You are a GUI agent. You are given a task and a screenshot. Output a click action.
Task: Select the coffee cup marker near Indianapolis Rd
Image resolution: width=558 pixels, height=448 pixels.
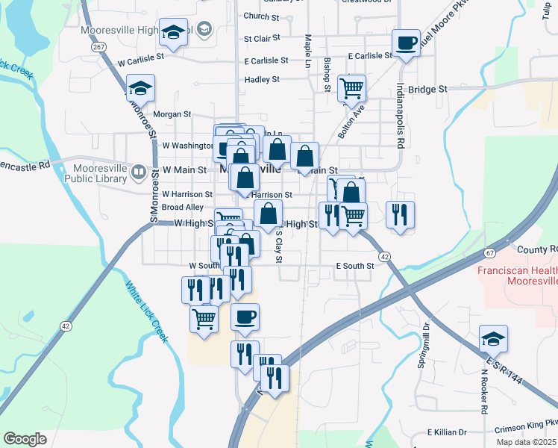406,43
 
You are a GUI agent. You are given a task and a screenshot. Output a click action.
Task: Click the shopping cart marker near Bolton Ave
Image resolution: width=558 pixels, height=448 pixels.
351,88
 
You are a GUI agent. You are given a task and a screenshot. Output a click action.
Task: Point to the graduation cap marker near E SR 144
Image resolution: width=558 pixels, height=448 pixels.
493,339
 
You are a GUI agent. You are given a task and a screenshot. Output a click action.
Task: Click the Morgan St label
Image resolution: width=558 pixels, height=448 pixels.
172,114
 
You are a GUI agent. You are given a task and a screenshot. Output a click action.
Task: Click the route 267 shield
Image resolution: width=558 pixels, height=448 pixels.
98,46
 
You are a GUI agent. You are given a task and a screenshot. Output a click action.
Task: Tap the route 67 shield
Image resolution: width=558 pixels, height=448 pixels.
489,254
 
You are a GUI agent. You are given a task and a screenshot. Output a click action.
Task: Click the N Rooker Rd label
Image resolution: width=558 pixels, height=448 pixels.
483,396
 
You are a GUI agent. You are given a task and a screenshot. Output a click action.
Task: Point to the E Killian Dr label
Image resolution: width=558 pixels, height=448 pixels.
447,432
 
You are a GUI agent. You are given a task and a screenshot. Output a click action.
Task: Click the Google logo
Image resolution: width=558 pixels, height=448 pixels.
25,439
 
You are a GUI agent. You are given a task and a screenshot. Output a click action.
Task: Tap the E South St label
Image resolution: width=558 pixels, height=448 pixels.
354,266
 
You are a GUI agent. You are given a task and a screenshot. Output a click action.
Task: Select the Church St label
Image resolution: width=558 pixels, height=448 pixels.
261,16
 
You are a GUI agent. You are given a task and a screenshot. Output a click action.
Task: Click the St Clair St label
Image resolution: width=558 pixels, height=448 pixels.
262,37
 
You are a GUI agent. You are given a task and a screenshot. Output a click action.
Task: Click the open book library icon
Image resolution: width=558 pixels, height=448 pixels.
138,173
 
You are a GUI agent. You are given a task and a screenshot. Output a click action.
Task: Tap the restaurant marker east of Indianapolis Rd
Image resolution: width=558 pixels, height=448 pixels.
400,215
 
